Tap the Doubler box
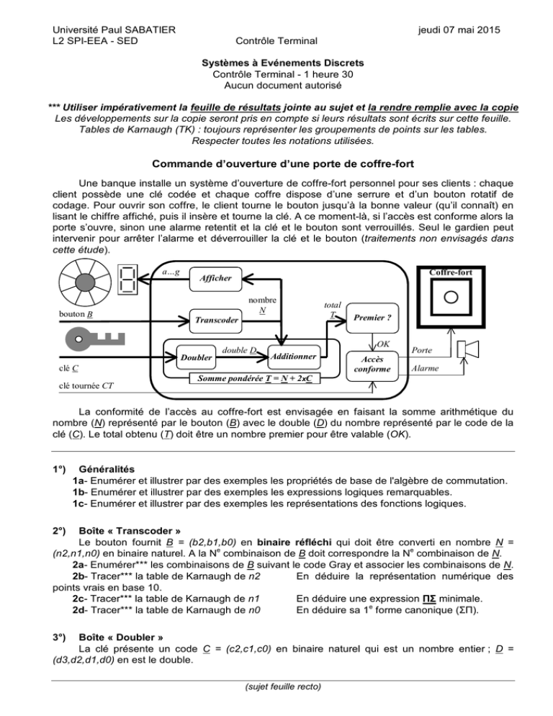pos(197,357)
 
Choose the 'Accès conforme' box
pos(375,363)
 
